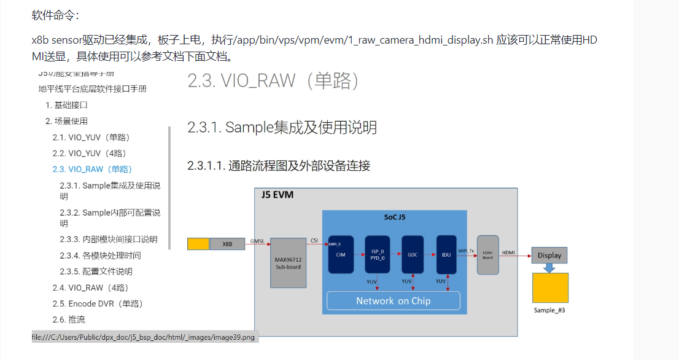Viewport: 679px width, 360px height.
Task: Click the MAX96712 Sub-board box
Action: [288, 262]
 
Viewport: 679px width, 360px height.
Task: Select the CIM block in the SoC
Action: [341, 254]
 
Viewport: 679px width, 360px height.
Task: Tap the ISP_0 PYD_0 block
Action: [377, 254]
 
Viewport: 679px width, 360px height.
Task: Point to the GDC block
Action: [413, 254]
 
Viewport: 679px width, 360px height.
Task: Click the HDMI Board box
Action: [488, 254]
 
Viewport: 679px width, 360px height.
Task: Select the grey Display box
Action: [549, 256]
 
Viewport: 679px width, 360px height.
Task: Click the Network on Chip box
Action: [393, 300]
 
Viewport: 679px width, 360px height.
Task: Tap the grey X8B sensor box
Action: [228, 244]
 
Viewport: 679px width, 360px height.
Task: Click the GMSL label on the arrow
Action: [258, 241]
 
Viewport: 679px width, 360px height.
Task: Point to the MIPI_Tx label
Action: [466, 250]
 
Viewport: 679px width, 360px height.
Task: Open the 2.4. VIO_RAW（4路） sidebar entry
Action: [90, 288]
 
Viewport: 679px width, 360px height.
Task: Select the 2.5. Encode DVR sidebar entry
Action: [97, 303]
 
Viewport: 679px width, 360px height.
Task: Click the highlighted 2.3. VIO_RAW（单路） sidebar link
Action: [92, 169]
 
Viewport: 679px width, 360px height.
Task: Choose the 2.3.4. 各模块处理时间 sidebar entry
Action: [96, 256]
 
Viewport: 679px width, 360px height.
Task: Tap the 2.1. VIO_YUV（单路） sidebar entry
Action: [91, 137]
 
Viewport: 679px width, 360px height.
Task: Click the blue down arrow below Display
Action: [549, 268]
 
